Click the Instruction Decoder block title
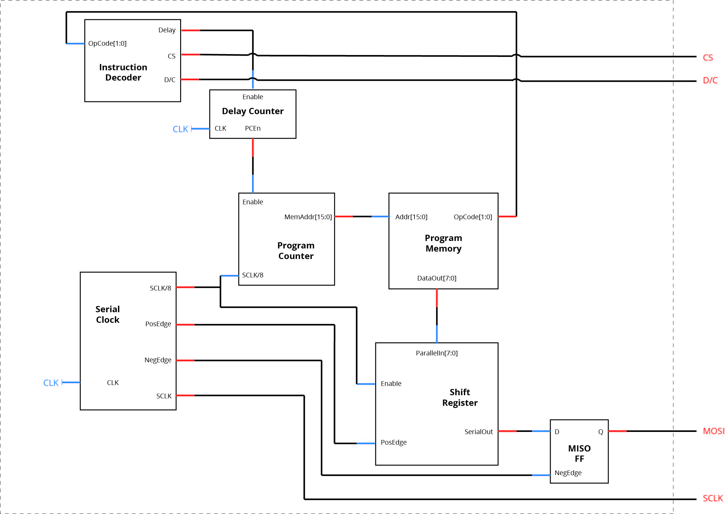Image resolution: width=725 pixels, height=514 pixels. tap(123, 72)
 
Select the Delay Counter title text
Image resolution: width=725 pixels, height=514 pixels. tap(252, 111)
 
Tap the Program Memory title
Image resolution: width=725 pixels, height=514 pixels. tap(443, 243)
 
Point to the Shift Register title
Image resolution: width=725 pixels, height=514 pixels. tap(460, 397)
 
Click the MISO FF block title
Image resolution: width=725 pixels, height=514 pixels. tap(579, 453)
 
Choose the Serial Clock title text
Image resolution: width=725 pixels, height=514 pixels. tap(108, 314)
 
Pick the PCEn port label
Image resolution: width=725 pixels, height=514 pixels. tap(252, 128)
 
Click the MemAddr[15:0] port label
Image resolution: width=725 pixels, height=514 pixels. tap(308, 217)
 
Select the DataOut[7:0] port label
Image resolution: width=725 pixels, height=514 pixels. tap(437, 278)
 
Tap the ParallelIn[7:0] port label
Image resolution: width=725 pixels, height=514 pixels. tap(437, 353)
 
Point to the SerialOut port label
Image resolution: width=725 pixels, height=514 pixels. tap(478, 432)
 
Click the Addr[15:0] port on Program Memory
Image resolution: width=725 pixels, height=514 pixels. tap(411, 217)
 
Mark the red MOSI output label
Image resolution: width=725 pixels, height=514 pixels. tap(713, 431)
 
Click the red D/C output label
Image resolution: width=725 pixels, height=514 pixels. tap(710, 81)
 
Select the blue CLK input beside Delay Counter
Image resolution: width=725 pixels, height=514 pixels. tap(180, 129)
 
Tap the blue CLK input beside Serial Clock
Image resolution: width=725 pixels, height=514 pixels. tap(51, 383)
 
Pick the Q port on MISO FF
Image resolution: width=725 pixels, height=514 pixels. tap(600, 432)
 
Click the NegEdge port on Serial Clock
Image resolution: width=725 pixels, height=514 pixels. tap(158, 360)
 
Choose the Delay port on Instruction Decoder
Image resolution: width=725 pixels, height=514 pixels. tap(166, 30)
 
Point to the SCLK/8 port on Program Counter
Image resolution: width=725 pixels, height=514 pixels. tap(252, 275)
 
